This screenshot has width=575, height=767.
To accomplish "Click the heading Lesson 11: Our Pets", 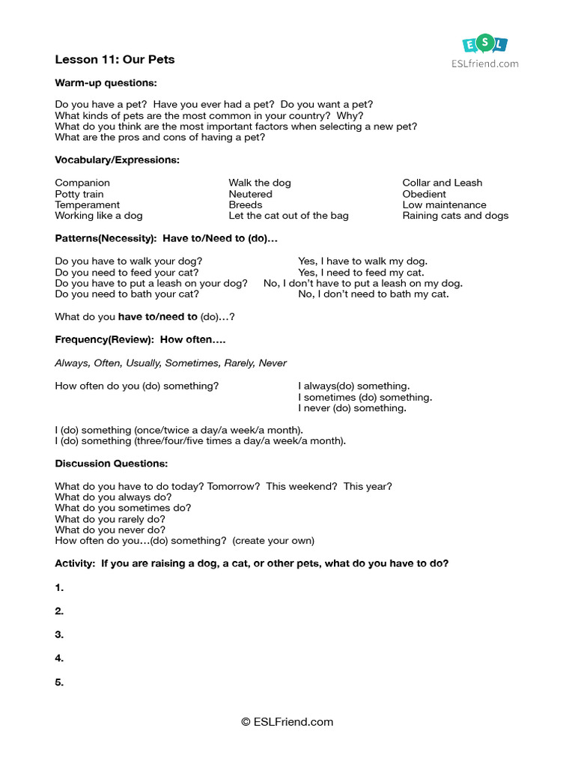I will click(115, 59).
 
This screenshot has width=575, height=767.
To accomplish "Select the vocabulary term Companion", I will click(82, 183).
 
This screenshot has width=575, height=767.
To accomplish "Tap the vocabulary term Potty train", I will click(79, 194).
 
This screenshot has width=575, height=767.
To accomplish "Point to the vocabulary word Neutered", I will click(250, 194).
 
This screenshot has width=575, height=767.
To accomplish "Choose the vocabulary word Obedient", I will click(424, 194).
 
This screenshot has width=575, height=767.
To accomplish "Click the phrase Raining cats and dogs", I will click(454, 216).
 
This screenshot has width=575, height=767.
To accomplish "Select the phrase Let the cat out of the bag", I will click(288, 216).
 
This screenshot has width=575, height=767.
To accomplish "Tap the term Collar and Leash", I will click(442, 183).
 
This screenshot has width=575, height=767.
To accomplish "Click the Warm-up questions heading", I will click(106, 82).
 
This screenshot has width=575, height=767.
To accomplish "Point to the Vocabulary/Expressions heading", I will click(117, 160).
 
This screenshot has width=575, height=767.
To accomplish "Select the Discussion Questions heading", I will click(111, 464).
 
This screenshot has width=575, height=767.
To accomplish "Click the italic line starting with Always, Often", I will click(171, 363).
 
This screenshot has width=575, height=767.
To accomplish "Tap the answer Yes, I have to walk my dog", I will click(362, 261).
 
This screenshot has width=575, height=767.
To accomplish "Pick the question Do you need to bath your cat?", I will click(127, 294).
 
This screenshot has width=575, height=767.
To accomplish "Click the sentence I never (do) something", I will click(352, 408).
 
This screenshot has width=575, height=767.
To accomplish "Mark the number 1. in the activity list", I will click(59, 588).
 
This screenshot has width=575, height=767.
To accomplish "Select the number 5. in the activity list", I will click(59, 682).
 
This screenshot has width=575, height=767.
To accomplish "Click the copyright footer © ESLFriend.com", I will click(287, 723).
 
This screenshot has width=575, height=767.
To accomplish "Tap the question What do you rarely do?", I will click(110, 519).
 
